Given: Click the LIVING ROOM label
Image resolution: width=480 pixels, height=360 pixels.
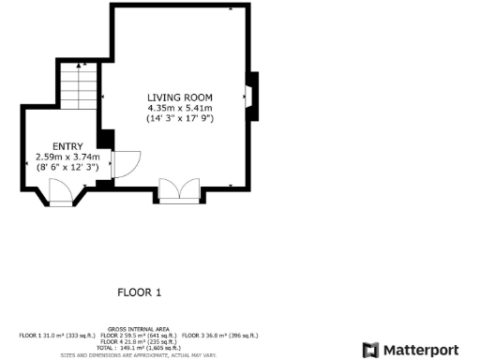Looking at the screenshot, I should coord(180,97).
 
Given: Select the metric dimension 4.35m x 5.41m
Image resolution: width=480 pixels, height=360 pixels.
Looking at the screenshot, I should coord(180,108).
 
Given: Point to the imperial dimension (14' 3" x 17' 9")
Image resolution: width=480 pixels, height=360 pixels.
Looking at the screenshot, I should coord(180,119).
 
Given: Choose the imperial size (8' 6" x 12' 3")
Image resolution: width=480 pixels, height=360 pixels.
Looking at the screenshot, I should coord(62,167).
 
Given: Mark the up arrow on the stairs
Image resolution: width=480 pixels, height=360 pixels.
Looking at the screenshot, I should coord(83,65).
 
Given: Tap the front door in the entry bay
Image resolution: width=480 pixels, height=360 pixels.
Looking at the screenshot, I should coord(61,194).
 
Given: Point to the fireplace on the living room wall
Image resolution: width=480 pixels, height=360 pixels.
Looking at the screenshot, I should coord(250,96).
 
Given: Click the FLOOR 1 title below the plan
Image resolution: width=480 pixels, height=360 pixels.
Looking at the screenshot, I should coord(139,292).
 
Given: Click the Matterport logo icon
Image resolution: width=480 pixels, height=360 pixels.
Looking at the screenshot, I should coord(370,350).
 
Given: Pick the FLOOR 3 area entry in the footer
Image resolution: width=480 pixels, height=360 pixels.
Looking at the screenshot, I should coord(220,336).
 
